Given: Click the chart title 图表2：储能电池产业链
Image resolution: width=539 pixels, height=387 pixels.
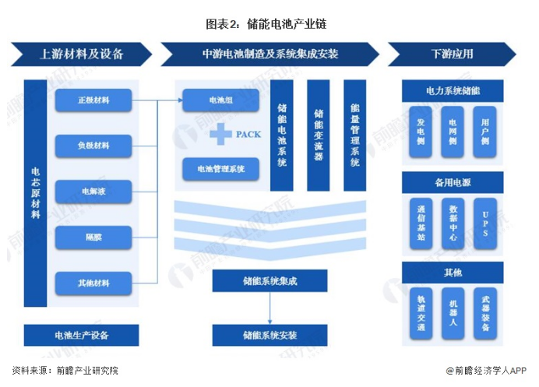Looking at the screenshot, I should click(x=266, y=23).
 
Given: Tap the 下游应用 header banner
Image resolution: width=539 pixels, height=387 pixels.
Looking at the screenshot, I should click(x=451, y=55).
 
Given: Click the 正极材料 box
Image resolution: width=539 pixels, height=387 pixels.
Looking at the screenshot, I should click(x=93, y=100).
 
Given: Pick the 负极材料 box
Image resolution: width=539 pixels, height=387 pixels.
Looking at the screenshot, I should click(x=93, y=146).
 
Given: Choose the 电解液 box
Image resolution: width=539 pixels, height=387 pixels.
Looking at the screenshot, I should click(x=93, y=191).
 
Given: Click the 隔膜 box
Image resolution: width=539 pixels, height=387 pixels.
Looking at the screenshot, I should click(x=93, y=236).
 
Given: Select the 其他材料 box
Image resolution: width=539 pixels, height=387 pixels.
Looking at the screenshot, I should click(x=93, y=281).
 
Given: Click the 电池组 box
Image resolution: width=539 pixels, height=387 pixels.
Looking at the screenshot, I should click(x=220, y=100).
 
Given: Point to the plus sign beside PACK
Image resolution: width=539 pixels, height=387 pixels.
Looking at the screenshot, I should click(x=221, y=135).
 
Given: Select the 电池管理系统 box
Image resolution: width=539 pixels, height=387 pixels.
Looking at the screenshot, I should click(x=220, y=168).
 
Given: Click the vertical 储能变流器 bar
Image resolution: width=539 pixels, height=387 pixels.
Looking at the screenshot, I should click(x=318, y=135).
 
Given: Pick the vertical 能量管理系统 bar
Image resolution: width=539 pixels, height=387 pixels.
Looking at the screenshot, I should click(x=354, y=135).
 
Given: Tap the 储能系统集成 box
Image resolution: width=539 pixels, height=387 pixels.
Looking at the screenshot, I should click(x=269, y=281).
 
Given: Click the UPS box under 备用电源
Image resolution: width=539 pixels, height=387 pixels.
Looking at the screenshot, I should click(x=484, y=223).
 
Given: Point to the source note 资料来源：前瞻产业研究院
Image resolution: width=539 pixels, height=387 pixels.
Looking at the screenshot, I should click(x=65, y=371).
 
